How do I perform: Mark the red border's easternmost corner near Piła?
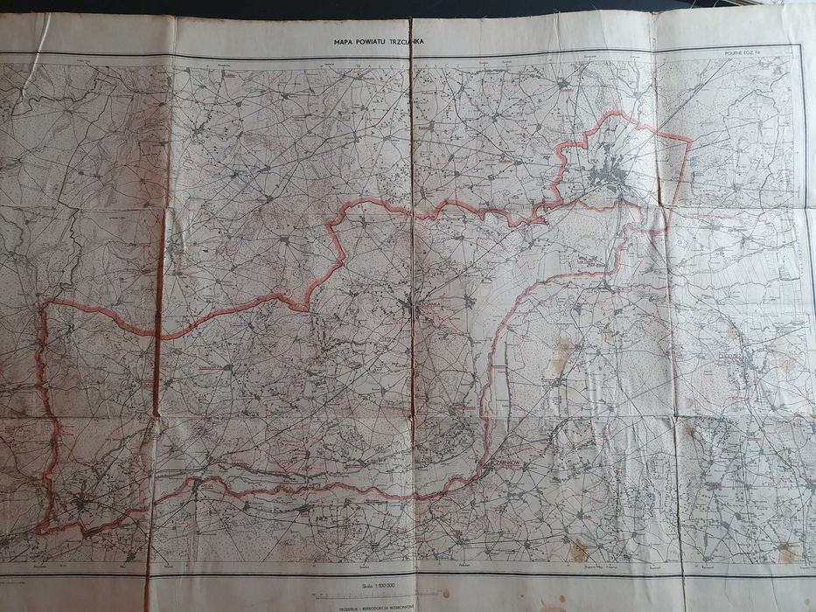[690, 140]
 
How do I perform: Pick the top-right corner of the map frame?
[802, 45]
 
